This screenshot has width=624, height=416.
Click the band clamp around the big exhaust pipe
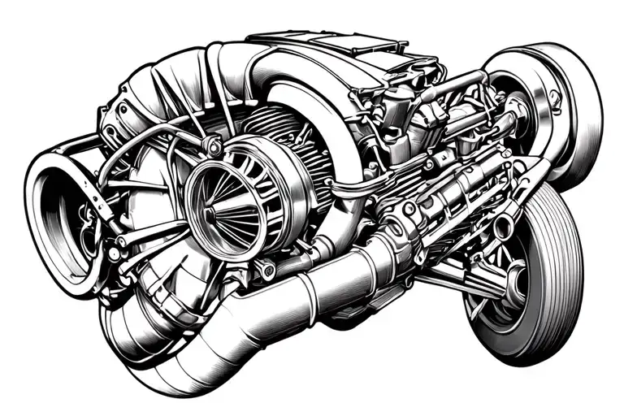(x=306, y=299)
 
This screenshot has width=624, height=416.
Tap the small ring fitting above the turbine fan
(x=213, y=146)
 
